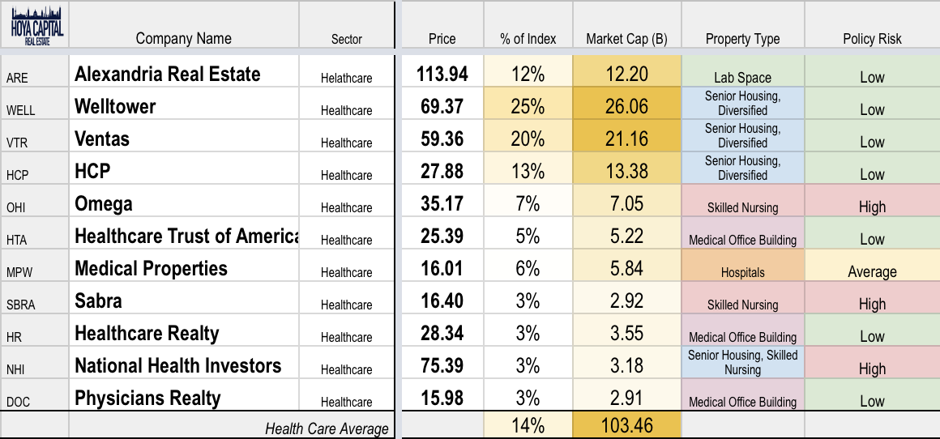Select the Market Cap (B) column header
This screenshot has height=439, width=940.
(x=626, y=39)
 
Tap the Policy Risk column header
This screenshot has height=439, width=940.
(x=872, y=39)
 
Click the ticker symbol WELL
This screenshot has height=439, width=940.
(x=20, y=110)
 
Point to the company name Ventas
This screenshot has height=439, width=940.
(x=102, y=139)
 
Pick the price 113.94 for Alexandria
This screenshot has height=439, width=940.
(x=442, y=75)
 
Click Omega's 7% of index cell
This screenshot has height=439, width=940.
(x=528, y=204)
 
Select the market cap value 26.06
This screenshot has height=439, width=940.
(x=626, y=107)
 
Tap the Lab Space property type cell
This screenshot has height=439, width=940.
(x=742, y=78)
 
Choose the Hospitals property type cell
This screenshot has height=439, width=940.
(x=742, y=272)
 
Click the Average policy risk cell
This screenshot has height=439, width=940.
(x=872, y=272)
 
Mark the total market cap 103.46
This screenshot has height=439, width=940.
(x=626, y=425)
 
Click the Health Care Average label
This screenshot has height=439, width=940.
(x=327, y=428)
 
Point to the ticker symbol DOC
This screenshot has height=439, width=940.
(x=18, y=402)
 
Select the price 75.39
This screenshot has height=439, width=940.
(x=442, y=366)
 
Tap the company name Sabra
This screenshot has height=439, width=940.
(x=98, y=300)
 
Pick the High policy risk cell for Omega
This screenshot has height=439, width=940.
(x=872, y=207)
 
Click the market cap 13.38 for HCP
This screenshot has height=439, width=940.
(x=626, y=172)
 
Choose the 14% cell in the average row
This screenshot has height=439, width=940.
(x=528, y=425)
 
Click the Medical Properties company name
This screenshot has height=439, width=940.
(x=151, y=268)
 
